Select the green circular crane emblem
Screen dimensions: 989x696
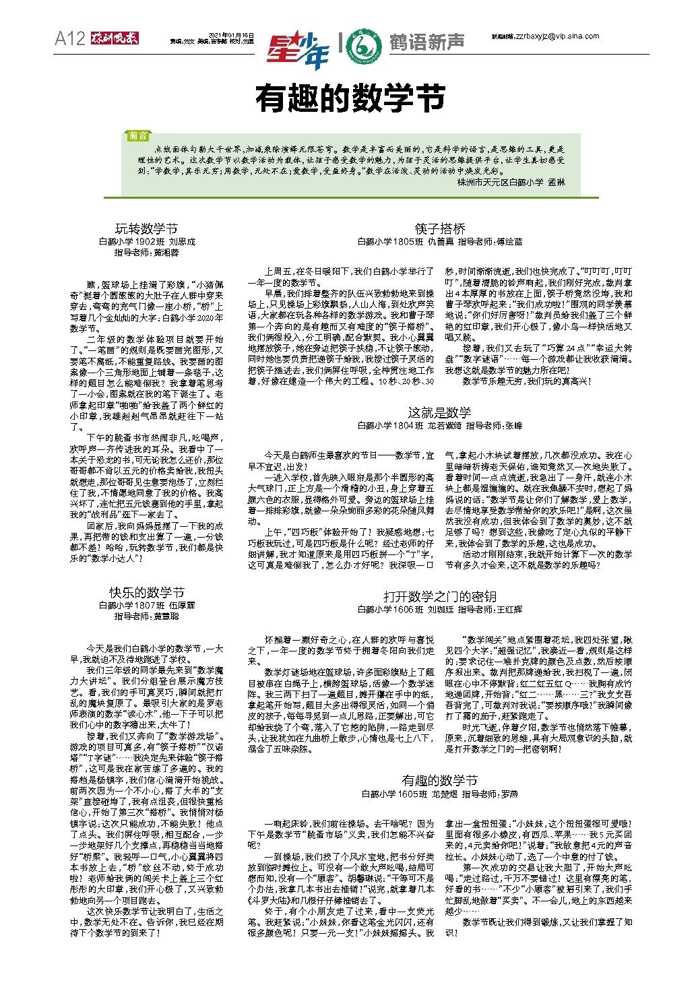point(368,44)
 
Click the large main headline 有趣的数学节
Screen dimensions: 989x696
point(350,98)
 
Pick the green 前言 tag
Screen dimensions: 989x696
point(138,135)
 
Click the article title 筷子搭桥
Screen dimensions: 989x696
point(440,228)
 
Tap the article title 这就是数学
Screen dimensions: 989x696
point(440,412)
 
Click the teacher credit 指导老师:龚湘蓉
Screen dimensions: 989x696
point(147,253)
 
